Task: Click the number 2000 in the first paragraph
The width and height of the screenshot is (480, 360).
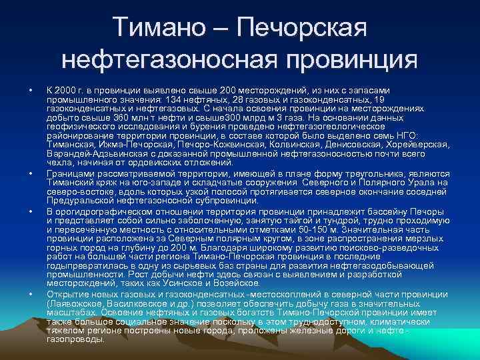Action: tap(69, 90)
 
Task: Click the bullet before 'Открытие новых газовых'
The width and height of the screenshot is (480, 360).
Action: tap(31, 294)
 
